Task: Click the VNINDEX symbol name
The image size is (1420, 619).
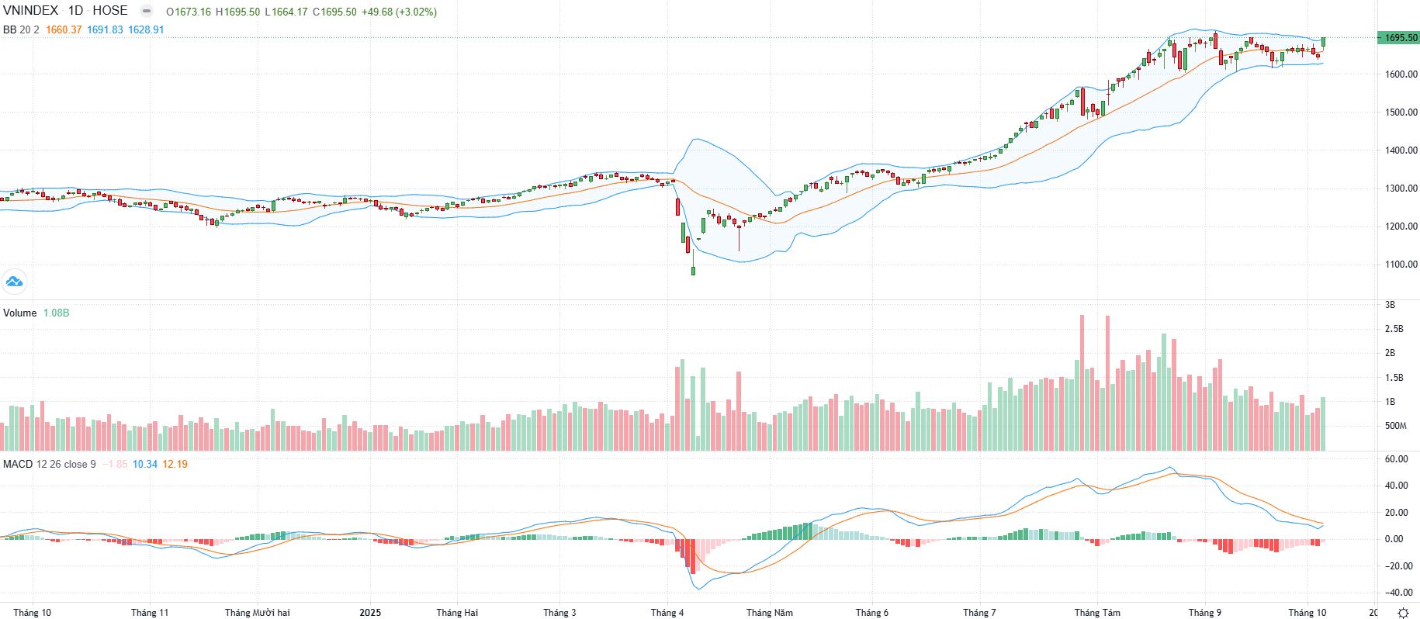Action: click(31, 11)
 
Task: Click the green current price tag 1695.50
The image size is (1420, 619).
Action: click(1399, 38)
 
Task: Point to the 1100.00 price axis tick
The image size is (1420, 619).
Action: click(1401, 265)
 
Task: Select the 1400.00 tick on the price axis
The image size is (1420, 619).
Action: click(1401, 150)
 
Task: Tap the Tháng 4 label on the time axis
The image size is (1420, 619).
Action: click(667, 613)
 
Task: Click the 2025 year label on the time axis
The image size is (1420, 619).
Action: click(370, 613)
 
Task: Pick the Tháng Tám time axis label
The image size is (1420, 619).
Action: click(1097, 613)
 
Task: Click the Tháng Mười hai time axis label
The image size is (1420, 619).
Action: click(257, 613)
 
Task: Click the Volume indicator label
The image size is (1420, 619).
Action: click(20, 313)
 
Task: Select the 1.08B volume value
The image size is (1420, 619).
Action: click(56, 313)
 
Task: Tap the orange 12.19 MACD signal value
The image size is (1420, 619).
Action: click(175, 465)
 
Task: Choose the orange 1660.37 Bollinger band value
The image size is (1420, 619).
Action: click(64, 30)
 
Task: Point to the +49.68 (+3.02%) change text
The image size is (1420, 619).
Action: click(399, 12)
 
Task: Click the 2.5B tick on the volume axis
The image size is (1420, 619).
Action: click(1394, 329)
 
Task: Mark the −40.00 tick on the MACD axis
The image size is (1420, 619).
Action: click(1398, 593)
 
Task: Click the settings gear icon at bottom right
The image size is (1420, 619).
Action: click(1403, 613)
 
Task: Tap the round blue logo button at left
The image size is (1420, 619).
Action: click(14, 282)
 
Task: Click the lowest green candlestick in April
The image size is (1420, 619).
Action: click(693, 271)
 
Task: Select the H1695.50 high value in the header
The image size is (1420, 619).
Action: click(238, 12)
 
